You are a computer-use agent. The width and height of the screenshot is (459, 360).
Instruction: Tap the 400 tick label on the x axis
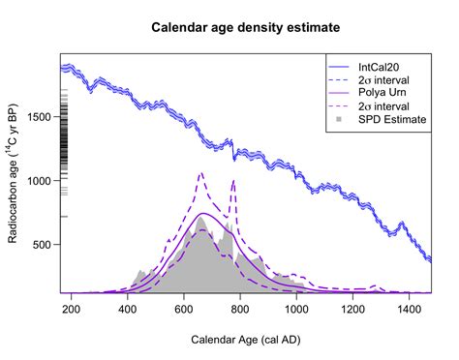click(128, 310)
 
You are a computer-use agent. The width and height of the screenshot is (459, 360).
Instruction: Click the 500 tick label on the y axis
click(41, 245)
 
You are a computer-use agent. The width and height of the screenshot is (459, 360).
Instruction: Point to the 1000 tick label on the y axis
click(41, 181)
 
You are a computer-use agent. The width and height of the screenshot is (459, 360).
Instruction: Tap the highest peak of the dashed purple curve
click(200, 173)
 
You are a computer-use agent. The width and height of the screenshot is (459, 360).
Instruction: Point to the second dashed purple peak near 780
click(233, 180)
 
